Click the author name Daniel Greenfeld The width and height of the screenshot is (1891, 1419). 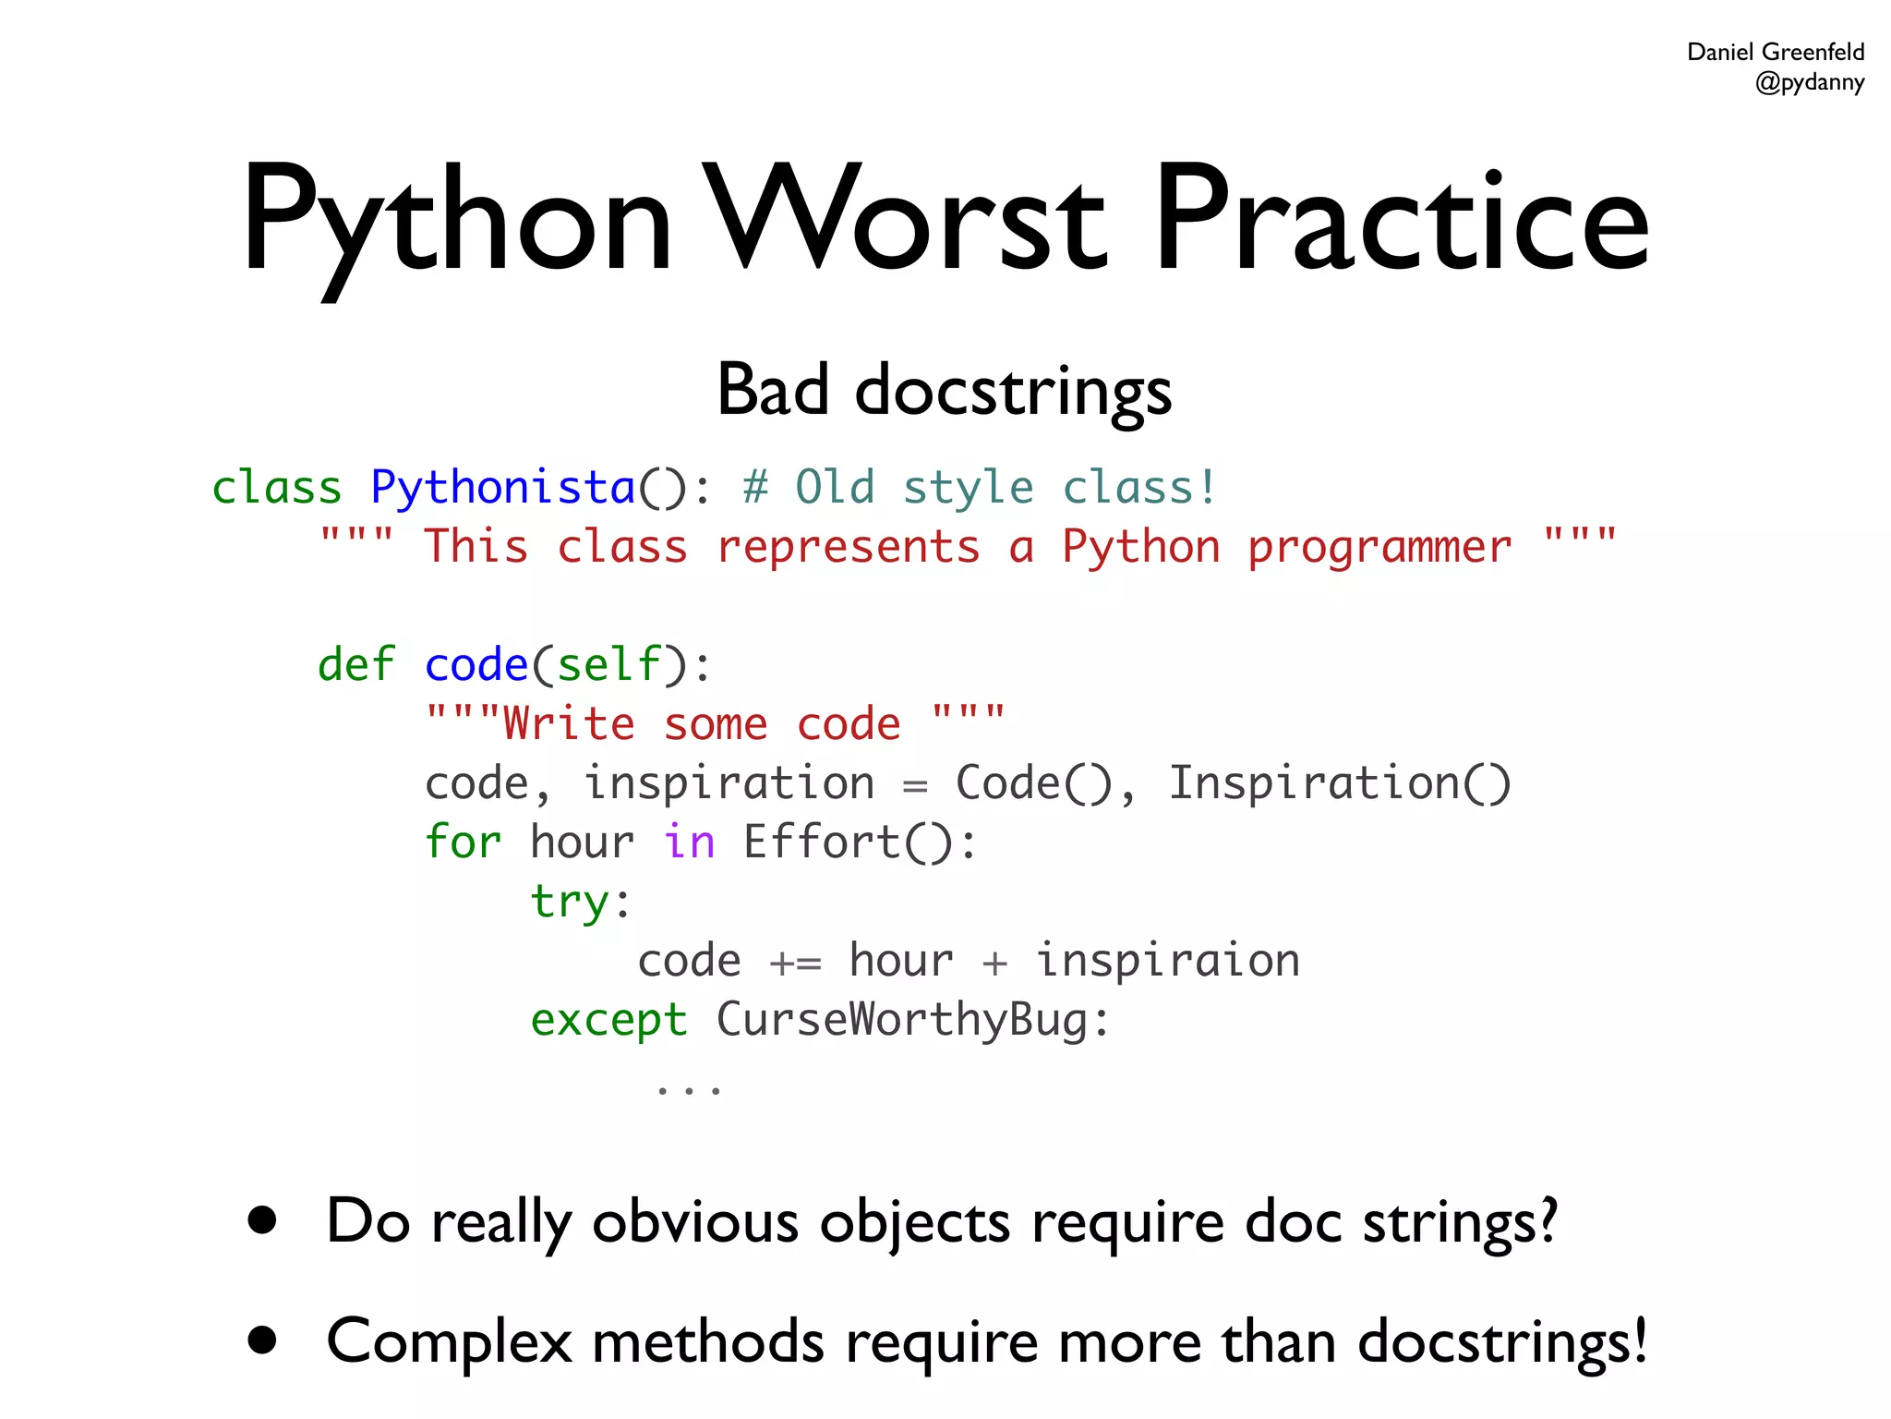tap(1775, 52)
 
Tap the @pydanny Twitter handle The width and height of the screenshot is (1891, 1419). tap(1809, 82)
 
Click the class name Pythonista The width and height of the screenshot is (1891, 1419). tap(502, 487)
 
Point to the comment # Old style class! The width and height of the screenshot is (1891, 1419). tap(980, 487)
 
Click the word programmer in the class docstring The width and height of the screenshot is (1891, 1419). tap(1379, 548)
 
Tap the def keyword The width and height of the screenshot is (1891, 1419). tap(355, 664)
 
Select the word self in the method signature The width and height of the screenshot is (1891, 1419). tap(608, 664)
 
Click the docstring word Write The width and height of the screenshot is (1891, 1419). tap(569, 723)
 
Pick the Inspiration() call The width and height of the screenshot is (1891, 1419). tap(1339, 783)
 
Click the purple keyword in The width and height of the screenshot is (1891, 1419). tap(689, 843)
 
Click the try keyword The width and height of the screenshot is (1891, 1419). tap(570, 902)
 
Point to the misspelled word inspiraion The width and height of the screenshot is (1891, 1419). tap(1167, 961)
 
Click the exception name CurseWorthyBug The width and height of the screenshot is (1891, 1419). tap(902, 1020)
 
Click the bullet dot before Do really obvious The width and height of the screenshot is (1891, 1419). tap(263, 1220)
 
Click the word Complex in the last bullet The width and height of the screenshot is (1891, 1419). tap(449, 1341)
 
